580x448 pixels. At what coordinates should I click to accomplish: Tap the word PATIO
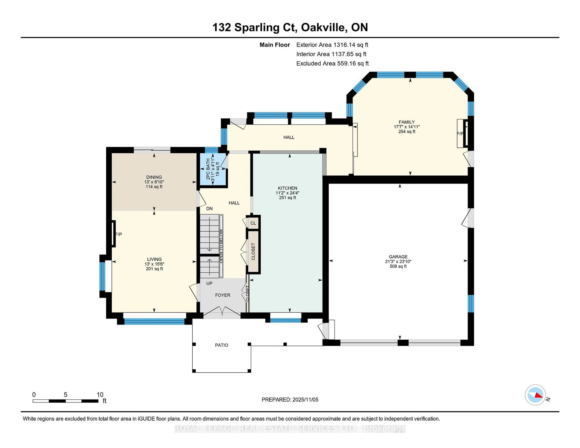tap(221, 345)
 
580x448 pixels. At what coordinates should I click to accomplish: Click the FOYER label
tap(222, 295)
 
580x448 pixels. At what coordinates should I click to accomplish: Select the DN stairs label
tap(209, 209)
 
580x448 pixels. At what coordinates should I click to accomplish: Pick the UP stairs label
tap(209, 283)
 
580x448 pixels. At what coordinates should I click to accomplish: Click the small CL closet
tap(253, 223)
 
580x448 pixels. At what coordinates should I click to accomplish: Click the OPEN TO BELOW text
tap(221, 246)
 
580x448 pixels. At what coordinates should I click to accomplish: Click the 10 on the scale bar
tap(100, 395)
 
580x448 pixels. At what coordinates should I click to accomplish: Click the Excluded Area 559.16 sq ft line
tap(332, 63)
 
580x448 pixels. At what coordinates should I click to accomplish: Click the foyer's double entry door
tap(222, 311)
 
